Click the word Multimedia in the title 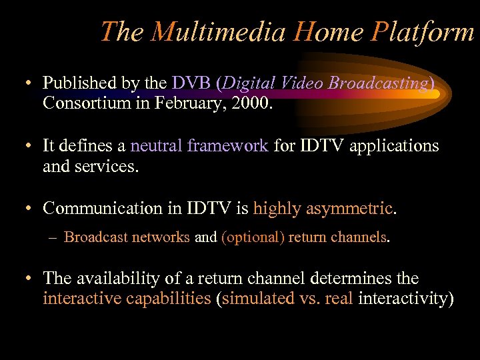219,31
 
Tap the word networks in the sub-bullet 164,237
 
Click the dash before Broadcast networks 53,237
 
